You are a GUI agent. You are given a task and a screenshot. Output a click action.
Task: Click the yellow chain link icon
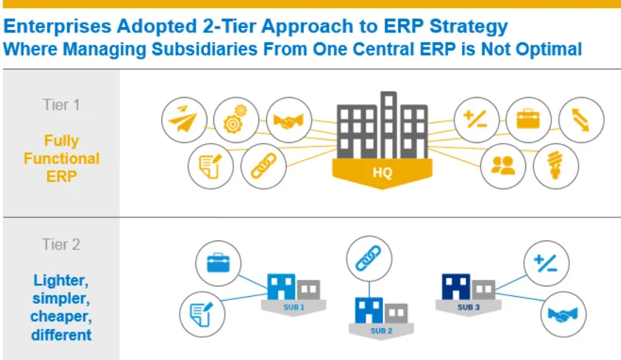pos(263,166)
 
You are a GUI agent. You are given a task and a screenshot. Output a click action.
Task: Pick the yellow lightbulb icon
pos(556,166)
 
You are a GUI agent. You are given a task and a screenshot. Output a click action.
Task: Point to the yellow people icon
pos(503,166)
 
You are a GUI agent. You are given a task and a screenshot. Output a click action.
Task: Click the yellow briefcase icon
pos(528,120)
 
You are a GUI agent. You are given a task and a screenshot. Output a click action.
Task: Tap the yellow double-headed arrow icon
pos(582,120)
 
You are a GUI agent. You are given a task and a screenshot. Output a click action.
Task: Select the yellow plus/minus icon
pos(476,120)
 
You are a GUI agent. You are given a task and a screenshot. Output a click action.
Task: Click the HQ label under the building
pos(382,173)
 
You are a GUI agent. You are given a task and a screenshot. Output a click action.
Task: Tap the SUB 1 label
pos(294,308)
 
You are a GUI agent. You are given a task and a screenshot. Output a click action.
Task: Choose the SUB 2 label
pos(381,331)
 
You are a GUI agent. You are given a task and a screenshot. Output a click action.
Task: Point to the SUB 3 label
pos(468,308)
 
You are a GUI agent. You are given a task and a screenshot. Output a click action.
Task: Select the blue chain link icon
pos(369,258)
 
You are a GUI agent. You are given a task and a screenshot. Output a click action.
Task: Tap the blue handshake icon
pos(563,315)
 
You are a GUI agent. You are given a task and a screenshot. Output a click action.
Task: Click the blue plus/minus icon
pos(546,264)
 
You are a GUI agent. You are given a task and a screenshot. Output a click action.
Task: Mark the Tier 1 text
pos(61,105)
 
